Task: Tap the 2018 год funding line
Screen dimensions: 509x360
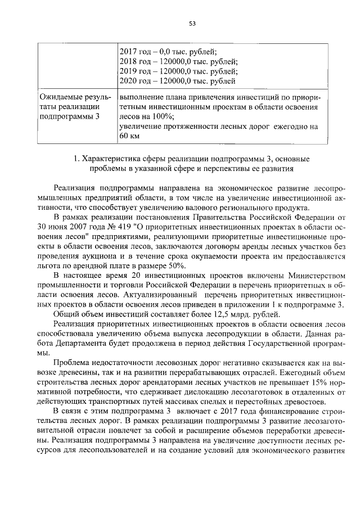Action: click(178, 62)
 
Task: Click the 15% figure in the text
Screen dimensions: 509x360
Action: click(307, 381)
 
